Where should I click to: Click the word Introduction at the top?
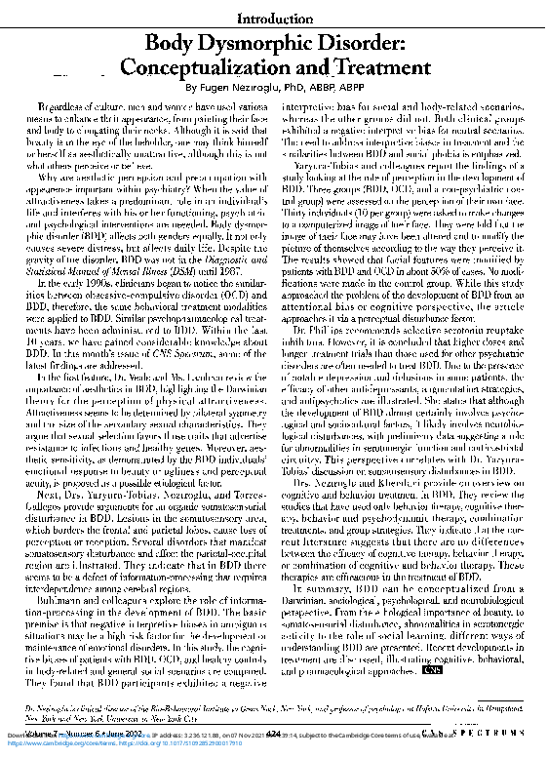pyautogui.click(x=273, y=19)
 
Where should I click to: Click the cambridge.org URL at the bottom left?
pyautogui.click(x=59, y=739)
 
